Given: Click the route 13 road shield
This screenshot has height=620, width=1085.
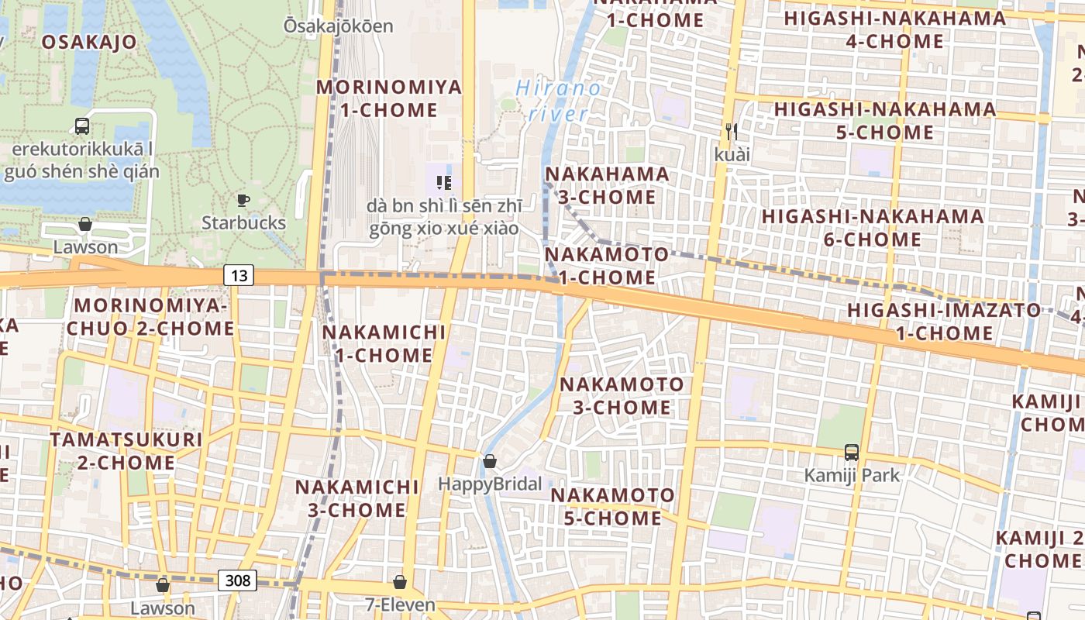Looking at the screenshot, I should pos(239,274).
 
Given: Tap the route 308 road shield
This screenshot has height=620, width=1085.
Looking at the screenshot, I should pos(237,580).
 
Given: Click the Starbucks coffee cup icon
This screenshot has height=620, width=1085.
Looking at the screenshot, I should pos(243,201).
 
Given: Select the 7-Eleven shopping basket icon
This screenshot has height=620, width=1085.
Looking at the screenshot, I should pos(400,581).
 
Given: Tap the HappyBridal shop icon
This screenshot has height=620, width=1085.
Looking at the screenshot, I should pos(490,462).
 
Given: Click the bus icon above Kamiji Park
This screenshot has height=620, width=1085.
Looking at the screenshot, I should pos(852,452).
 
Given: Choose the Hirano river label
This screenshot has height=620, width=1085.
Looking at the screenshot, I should pos(558,101).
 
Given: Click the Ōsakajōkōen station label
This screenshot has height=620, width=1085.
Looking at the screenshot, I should pos(338,26).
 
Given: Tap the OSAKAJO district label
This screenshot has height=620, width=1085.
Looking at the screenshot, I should pos(89,42).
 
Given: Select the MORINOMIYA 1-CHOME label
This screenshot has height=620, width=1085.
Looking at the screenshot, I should pos(389,98).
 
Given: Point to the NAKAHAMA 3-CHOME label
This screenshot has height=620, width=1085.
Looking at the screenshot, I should pos(607,185).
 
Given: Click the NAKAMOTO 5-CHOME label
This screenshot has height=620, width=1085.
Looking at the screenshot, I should pos(612,506).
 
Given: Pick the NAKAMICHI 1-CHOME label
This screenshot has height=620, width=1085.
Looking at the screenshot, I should pos(384,343).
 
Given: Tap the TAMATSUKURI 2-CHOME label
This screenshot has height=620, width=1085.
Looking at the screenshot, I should pos(126,451).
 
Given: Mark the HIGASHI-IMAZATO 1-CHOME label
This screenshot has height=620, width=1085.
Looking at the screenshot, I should pos(945,322).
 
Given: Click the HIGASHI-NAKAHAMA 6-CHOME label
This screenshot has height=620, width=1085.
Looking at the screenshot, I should pos(873,227).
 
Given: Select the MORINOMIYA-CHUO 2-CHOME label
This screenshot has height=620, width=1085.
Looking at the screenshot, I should pos(150,316).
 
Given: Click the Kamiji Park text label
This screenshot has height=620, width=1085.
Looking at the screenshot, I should pos(852,474).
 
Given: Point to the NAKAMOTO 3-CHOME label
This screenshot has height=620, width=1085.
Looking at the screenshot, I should pos(622,395).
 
